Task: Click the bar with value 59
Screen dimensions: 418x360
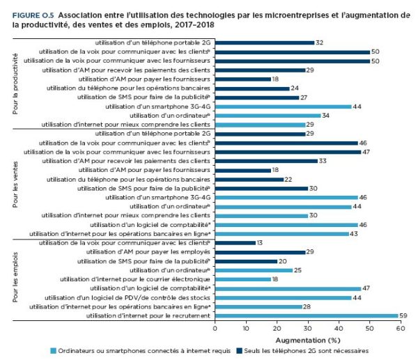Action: click(307, 315)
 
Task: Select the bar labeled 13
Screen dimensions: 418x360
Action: click(235, 243)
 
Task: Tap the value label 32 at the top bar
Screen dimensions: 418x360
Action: click(319, 42)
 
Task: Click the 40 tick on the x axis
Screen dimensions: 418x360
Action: click(339, 328)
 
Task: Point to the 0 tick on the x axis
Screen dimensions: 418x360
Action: click(215, 328)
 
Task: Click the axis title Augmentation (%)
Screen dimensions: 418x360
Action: click(308, 341)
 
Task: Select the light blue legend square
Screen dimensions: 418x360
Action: click(54, 351)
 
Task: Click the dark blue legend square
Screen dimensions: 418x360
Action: click(239, 351)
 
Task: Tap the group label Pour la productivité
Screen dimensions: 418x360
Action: click(15, 84)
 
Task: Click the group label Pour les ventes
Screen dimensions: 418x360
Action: click(15, 185)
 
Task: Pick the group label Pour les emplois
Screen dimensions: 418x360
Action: click(15, 277)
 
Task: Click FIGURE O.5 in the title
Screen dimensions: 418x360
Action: click(33, 15)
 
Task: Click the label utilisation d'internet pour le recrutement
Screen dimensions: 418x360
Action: click(148, 315)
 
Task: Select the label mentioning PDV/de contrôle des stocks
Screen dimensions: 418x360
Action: click(127, 297)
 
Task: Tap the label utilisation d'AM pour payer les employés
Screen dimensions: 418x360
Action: click(148, 252)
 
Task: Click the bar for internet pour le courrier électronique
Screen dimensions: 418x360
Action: click(243, 279)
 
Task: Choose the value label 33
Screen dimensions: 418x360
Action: click(323, 161)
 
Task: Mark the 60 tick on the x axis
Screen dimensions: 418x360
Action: click(401, 328)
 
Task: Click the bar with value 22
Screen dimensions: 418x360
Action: click(249, 180)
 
